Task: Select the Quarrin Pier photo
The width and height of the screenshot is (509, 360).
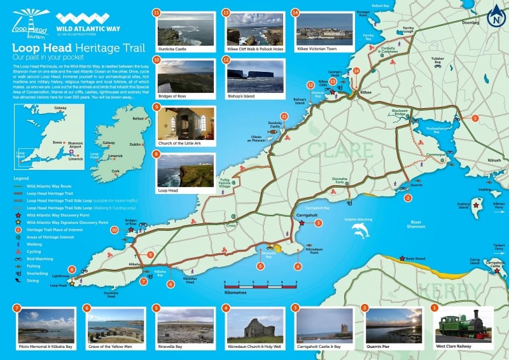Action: pyautogui.click(x=391, y=326)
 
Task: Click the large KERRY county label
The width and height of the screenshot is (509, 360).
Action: pyautogui.click(x=449, y=290)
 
